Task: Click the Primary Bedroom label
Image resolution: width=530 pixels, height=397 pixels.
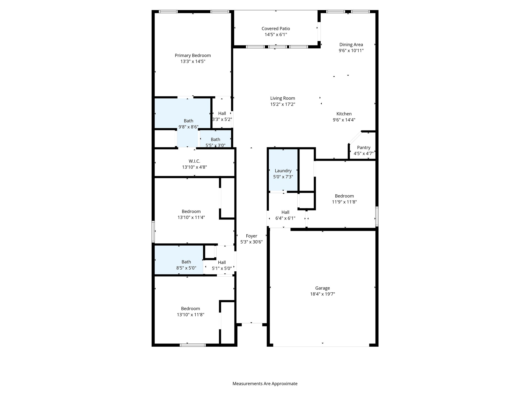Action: (193, 56)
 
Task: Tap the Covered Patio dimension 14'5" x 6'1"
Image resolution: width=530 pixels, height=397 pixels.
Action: (276, 35)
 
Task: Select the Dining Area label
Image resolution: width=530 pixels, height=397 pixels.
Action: (351, 45)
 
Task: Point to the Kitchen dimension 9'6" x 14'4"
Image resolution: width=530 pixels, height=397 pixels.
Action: (344, 120)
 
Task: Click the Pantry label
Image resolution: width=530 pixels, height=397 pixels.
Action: (364, 148)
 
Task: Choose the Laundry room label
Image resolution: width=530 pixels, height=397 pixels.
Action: (283, 171)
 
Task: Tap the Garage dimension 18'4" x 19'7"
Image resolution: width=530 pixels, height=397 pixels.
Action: (322, 294)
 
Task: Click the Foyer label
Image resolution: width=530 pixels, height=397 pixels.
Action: (251, 236)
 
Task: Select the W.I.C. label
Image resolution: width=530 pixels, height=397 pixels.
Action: (194, 161)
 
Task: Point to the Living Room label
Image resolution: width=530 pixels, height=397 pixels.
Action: (282, 98)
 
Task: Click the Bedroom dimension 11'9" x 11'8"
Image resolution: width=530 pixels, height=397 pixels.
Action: (344, 202)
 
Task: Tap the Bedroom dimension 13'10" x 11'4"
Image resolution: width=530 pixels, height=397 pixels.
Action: (191, 218)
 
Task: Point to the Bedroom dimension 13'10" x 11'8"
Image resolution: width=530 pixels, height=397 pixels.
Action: (190, 315)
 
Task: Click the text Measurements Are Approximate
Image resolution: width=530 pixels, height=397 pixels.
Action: (265, 384)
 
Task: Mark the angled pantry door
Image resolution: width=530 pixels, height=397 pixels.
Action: (355, 137)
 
